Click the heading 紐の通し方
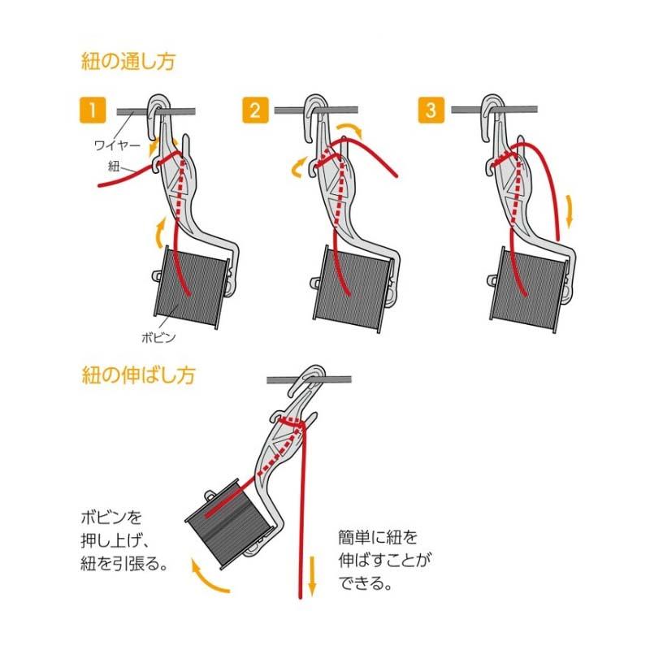pos(128,60)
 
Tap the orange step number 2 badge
pos(254,110)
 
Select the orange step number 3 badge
pos(429,110)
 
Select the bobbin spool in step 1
pos(192,287)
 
